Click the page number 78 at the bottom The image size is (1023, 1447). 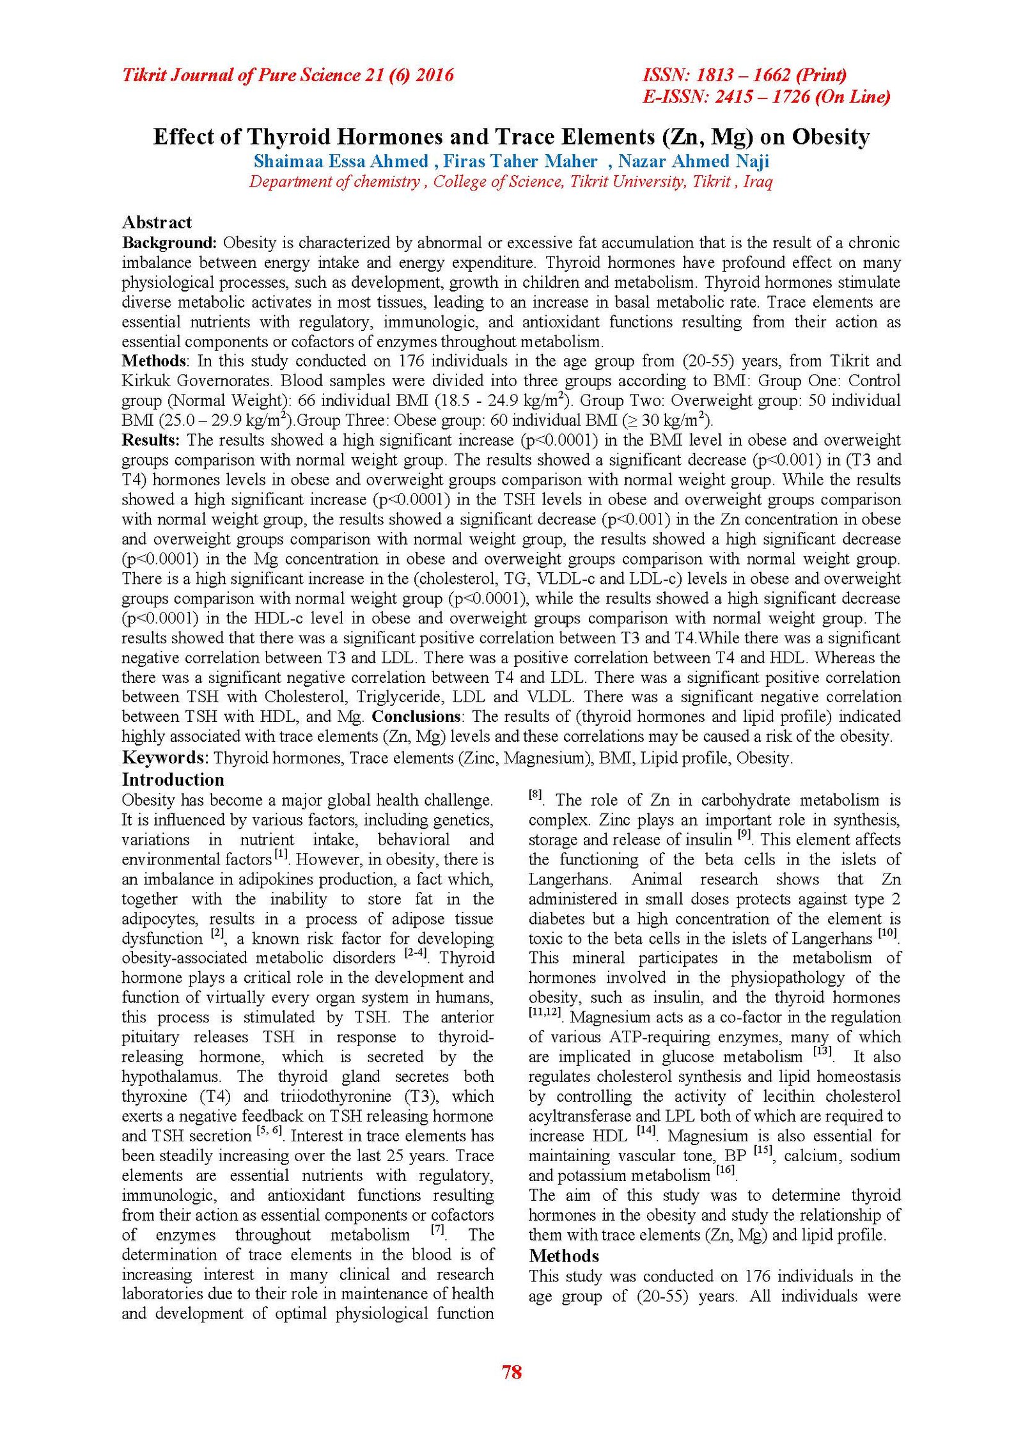[x=511, y=1372]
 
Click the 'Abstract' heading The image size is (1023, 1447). [x=157, y=223]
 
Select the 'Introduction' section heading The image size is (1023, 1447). [x=173, y=779]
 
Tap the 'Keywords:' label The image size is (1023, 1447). [x=165, y=758]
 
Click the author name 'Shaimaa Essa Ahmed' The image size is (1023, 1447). [x=341, y=161]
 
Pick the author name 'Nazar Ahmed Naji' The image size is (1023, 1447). [x=693, y=161]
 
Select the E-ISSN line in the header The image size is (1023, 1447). [x=766, y=97]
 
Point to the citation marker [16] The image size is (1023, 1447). [x=725, y=1170]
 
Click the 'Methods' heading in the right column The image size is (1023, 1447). [x=564, y=1256]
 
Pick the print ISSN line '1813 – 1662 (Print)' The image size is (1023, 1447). [x=744, y=75]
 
